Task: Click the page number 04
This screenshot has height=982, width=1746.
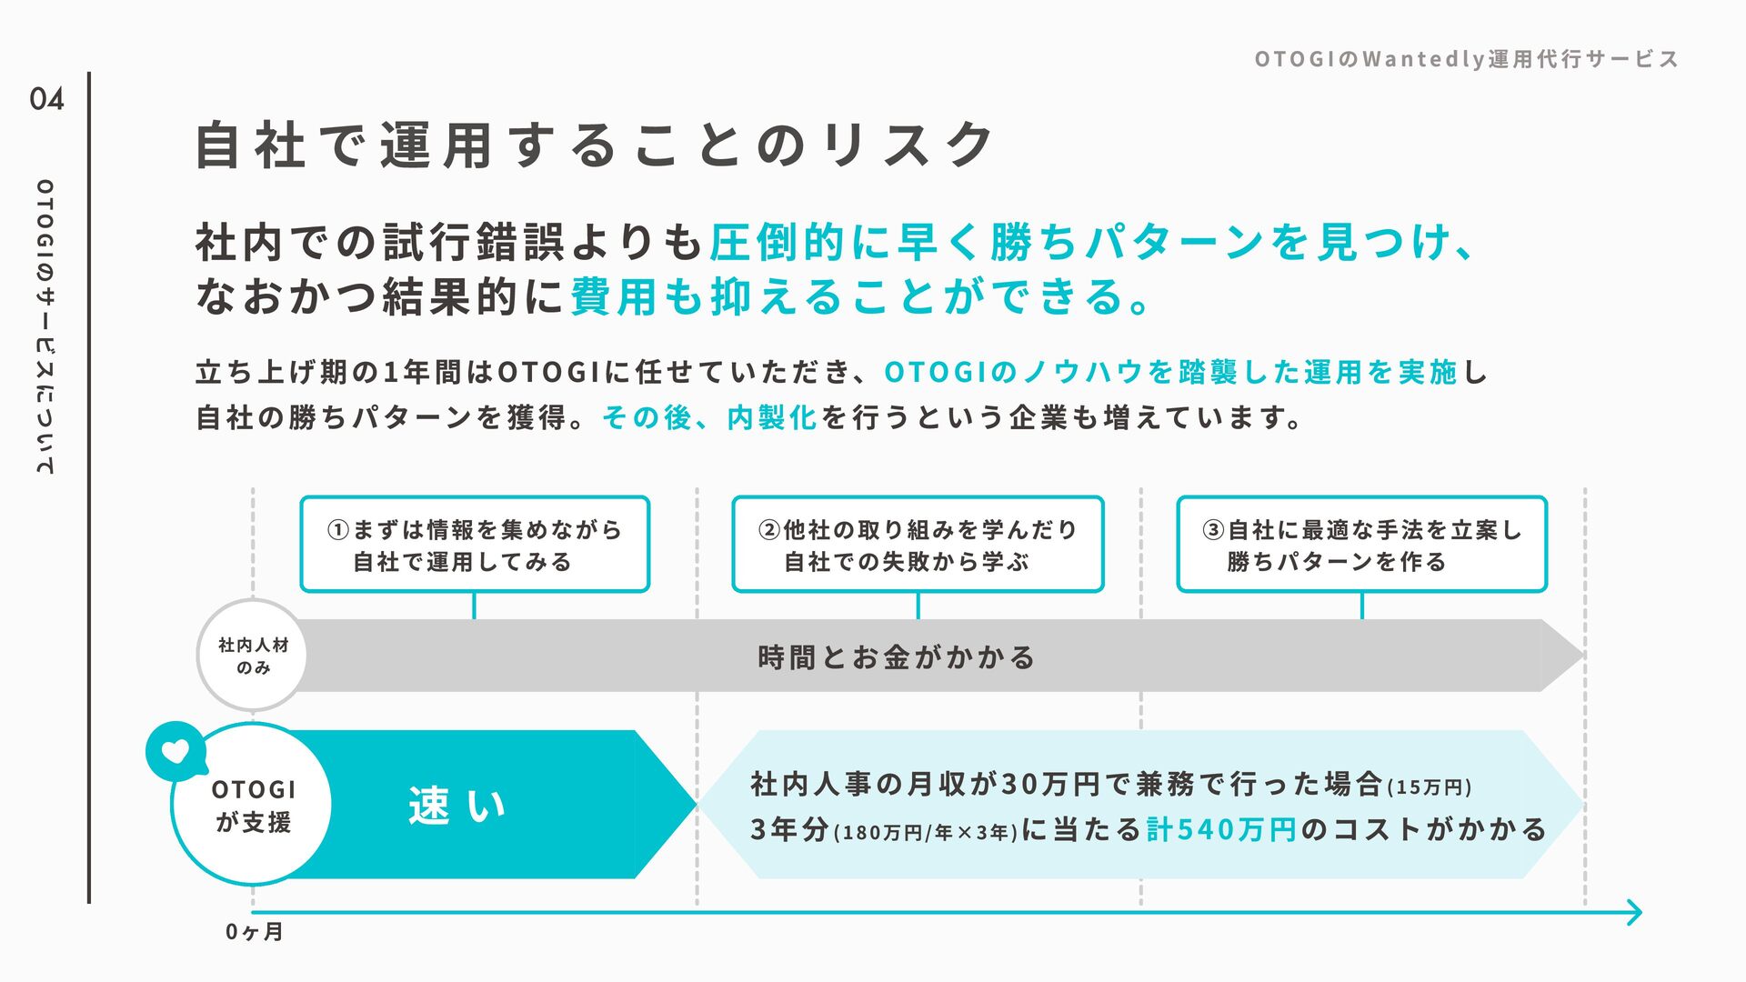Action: coord(46,98)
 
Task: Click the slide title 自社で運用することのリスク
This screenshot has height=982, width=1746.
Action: coord(596,145)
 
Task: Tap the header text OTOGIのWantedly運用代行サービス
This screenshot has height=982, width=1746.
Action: coord(1466,60)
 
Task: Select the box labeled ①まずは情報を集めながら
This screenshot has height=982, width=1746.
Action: coord(475,545)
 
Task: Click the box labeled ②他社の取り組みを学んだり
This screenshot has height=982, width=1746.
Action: coord(918,545)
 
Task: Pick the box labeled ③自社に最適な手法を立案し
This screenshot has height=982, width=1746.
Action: coord(1361,545)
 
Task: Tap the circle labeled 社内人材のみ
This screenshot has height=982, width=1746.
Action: coord(253,656)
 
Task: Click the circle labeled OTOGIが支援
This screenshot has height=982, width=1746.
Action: coord(253,806)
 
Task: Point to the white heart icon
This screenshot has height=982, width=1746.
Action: coord(176,751)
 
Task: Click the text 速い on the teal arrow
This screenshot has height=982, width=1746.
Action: coord(457,806)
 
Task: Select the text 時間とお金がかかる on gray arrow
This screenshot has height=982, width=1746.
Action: coord(897,656)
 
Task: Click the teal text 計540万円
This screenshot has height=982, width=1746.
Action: coord(1221,829)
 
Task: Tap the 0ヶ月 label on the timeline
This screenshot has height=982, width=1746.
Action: coord(254,932)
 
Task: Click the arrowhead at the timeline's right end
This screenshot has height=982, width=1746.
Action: coord(1634,912)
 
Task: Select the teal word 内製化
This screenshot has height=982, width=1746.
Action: coord(772,417)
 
